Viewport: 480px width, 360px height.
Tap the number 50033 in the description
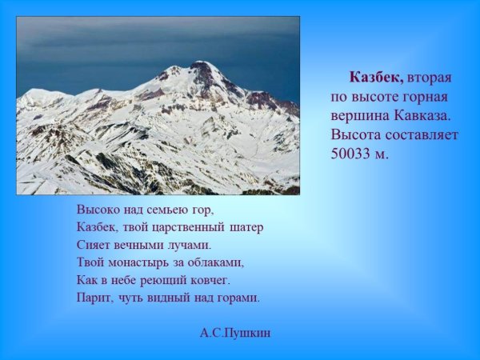click(351, 154)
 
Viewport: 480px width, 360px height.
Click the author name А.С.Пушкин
click(235, 333)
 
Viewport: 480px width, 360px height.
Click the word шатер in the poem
click(246, 227)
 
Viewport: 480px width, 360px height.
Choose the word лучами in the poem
click(188, 245)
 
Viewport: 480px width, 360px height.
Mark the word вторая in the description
click(430, 78)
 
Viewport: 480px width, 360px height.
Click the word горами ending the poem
click(240, 298)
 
